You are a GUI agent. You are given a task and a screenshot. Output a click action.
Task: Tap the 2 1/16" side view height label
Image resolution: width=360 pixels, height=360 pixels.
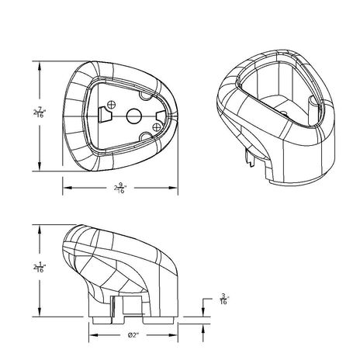38,268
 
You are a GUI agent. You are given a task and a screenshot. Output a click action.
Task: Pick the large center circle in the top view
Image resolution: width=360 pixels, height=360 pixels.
133,114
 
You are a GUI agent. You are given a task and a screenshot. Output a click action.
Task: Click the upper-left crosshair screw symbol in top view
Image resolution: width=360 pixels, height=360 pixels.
112,104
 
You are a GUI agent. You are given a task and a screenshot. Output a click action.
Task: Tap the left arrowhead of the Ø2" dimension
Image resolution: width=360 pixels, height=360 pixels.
95,335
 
